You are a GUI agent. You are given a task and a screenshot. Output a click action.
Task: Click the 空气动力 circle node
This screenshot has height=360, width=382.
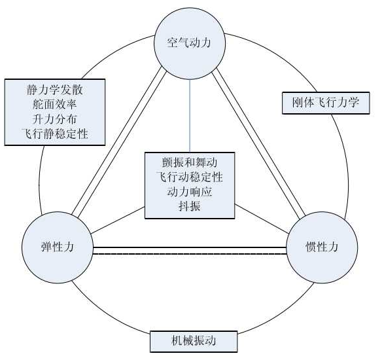(190, 43)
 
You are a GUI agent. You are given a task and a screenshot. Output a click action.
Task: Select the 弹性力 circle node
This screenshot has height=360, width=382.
(58, 247)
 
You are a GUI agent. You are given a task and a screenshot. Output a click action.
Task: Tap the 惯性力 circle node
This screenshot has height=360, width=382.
(322, 247)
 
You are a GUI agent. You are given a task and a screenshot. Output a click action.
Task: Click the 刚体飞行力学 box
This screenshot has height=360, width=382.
(326, 103)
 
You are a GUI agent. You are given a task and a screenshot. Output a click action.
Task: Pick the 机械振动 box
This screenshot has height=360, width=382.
(194, 341)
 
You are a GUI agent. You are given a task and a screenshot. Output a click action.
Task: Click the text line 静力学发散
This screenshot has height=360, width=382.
(55, 90)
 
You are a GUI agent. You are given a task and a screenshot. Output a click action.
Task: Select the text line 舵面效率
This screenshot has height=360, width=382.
(55, 105)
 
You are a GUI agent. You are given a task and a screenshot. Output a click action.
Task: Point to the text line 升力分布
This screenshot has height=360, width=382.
(55, 119)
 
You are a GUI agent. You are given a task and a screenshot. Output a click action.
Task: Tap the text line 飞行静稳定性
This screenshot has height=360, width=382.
(55, 134)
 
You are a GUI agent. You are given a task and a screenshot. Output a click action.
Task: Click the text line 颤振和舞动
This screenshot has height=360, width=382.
(190, 162)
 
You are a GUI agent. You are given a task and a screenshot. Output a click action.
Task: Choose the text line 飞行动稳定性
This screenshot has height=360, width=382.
(190, 177)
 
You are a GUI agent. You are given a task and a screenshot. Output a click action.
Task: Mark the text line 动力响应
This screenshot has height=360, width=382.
(190, 192)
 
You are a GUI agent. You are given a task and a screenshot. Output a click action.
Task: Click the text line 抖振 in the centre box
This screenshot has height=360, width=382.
(190, 206)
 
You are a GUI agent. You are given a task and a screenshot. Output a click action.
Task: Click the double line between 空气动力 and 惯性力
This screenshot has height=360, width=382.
(259, 142)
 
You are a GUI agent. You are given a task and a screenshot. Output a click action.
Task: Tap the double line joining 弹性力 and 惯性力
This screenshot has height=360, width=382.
(190, 251)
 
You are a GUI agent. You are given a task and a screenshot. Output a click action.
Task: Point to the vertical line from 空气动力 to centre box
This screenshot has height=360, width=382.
(190, 116)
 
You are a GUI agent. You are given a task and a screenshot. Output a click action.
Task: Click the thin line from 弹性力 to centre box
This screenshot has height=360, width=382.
(118, 220)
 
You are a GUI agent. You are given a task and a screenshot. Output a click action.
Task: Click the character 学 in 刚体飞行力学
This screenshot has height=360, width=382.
(353, 102)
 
